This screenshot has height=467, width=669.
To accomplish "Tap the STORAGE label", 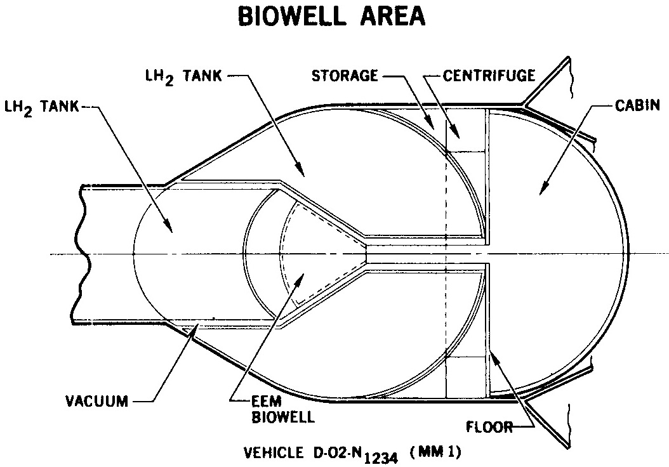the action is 345,76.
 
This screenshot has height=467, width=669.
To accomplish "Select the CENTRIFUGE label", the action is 489,76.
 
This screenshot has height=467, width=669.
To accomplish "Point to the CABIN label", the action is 637,105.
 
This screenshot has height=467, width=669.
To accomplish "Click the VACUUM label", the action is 97,401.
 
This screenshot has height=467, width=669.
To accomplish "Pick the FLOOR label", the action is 489,427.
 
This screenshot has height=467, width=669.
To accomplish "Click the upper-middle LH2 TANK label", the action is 183,77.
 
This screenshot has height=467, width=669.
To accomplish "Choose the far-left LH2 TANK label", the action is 41,107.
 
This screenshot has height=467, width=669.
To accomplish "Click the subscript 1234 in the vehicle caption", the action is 380,459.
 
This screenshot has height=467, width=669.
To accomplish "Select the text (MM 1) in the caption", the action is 435,452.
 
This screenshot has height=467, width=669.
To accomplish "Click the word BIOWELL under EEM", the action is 283,417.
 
